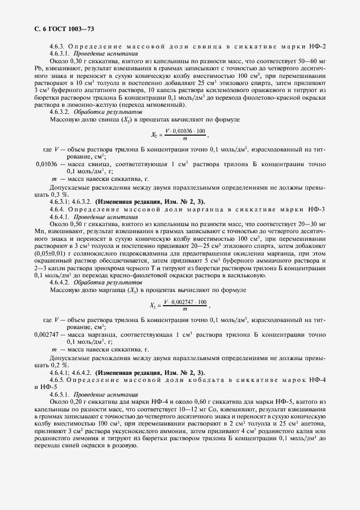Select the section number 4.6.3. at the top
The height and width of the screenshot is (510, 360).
57,47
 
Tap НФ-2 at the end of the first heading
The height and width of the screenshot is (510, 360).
317,47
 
